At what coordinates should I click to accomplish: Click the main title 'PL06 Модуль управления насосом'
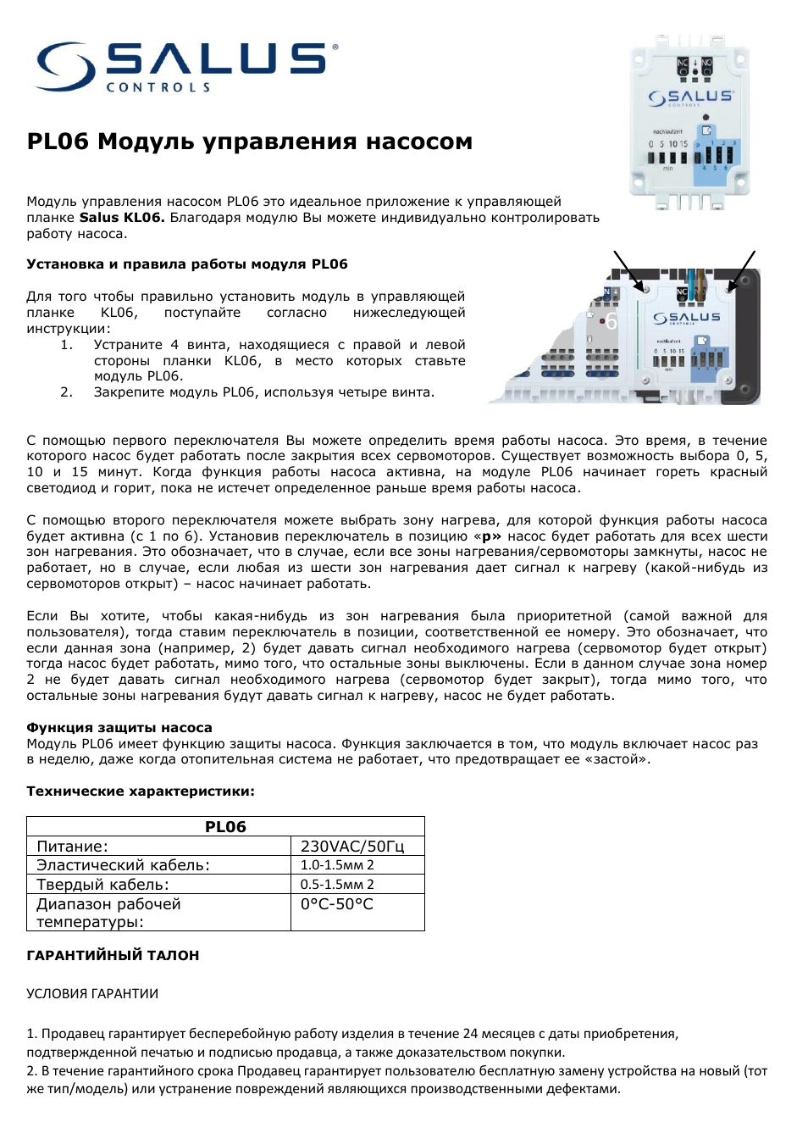(x=249, y=142)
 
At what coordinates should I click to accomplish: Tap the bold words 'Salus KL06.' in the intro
(x=122, y=218)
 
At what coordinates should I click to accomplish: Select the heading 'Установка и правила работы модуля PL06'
(x=186, y=264)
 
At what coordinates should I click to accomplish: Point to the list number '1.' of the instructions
(x=66, y=345)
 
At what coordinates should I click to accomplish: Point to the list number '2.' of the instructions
(x=66, y=392)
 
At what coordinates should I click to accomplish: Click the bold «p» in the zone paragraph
(x=487, y=536)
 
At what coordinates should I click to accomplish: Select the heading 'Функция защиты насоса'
(x=119, y=728)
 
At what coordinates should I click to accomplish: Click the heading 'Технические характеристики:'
(x=141, y=791)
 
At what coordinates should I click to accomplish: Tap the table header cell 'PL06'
(x=225, y=827)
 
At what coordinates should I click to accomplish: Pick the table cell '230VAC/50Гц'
(x=352, y=847)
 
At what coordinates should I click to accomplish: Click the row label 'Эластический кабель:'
(x=123, y=865)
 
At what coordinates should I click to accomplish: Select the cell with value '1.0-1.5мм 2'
(x=337, y=865)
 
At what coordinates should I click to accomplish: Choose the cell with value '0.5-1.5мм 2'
(x=337, y=885)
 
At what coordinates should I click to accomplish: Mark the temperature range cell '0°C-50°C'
(x=337, y=904)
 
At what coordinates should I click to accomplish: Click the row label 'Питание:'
(x=72, y=847)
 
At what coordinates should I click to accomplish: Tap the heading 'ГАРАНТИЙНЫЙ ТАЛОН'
(x=113, y=956)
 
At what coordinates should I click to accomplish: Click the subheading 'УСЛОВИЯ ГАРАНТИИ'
(x=92, y=994)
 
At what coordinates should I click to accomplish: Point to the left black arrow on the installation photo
(x=628, y=270)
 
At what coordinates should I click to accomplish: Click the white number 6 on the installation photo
(x=611, y=322)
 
